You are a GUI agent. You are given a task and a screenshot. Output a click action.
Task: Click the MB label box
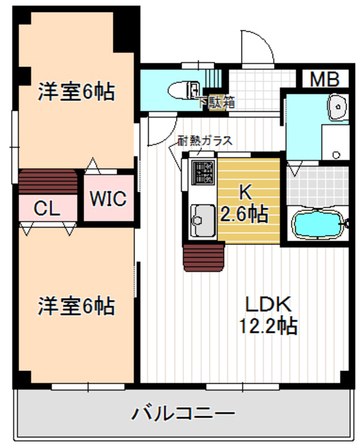click(325, 79)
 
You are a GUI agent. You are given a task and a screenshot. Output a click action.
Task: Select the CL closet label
click(46, 207)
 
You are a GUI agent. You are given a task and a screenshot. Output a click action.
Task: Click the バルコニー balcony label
click(183, 414)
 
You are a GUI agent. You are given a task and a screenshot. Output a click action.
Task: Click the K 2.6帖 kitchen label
click(245, 202)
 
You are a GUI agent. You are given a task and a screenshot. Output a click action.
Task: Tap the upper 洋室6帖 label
click(76, 91)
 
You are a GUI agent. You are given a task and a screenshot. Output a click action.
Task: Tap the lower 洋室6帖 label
click(76, 306)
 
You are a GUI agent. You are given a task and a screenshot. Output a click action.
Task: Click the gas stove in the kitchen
click(203, 171)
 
